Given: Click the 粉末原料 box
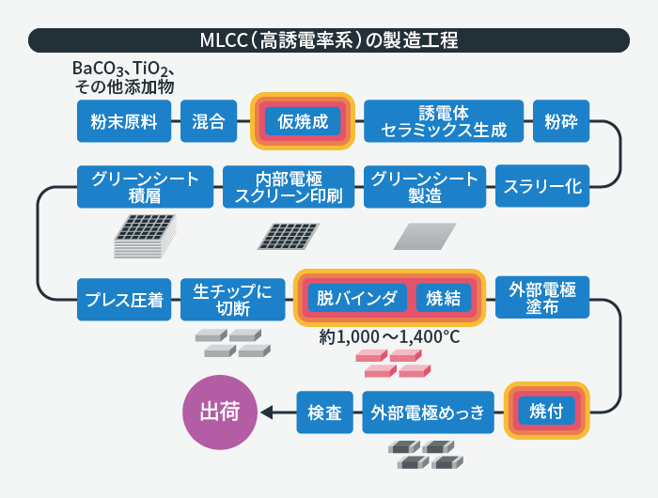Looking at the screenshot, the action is click(124, 121).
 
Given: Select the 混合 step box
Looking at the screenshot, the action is click(209, 121).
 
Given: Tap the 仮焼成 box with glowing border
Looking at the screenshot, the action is click(303, 121).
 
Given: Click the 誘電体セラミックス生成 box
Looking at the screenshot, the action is click(444, 121).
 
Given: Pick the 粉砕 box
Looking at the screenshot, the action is click(561, 121).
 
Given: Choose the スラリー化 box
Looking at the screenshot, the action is click(542, 186).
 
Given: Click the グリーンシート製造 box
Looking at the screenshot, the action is click(425, 187).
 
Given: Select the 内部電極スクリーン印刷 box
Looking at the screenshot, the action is click(289, 187).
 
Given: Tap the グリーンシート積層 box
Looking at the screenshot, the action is click(145, 187).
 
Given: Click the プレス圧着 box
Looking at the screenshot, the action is click(124, 300).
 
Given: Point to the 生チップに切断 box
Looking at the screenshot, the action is click(233, 300).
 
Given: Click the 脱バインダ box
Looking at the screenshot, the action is click(357, 298).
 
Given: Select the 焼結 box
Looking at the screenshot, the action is click(444, 298).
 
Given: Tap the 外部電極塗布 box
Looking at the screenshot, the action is click(542, 297).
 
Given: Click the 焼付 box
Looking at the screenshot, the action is click(547, 411).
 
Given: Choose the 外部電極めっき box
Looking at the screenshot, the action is click(428, 412).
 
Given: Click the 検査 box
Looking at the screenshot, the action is click(325, 412).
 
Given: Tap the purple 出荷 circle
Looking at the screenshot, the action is click(220, 412).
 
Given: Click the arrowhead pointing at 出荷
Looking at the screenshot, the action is click(266, 412).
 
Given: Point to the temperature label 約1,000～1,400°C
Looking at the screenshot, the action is click(389, 337).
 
